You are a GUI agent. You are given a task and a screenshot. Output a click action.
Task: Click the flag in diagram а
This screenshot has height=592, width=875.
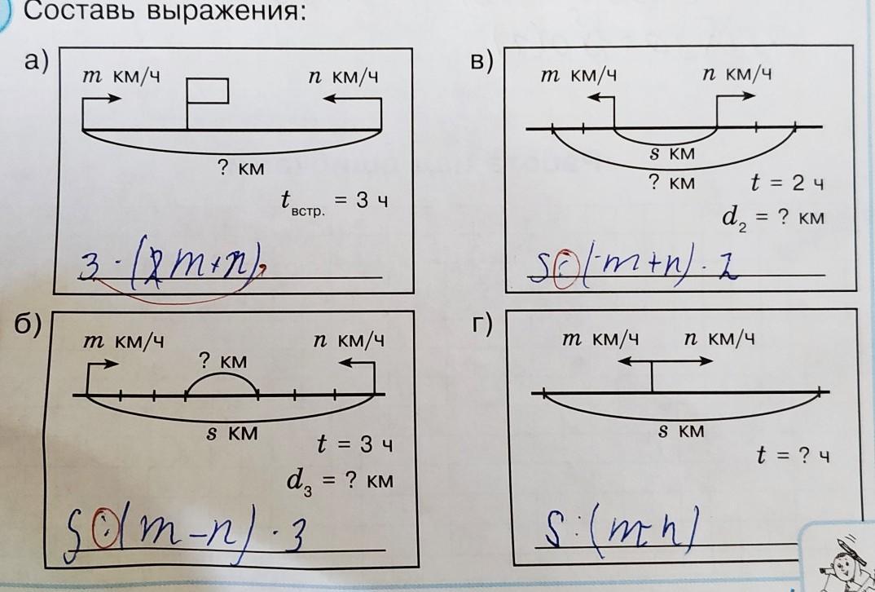[x=206, y=91]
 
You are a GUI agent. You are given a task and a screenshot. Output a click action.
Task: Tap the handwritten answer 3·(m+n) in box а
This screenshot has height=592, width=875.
[x=176, y=264]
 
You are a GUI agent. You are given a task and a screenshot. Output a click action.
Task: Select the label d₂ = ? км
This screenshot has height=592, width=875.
[x=772, y=219]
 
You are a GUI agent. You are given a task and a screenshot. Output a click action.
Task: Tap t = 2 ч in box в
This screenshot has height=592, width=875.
[x=787, y=183]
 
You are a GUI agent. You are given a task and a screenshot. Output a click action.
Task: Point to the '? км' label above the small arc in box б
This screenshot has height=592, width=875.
[x=222, y=360]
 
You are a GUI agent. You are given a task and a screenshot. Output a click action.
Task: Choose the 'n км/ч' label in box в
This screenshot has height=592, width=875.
[x=736, y=75]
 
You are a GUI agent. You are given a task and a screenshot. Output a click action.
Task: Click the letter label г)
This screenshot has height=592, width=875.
[x=483, y=325]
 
